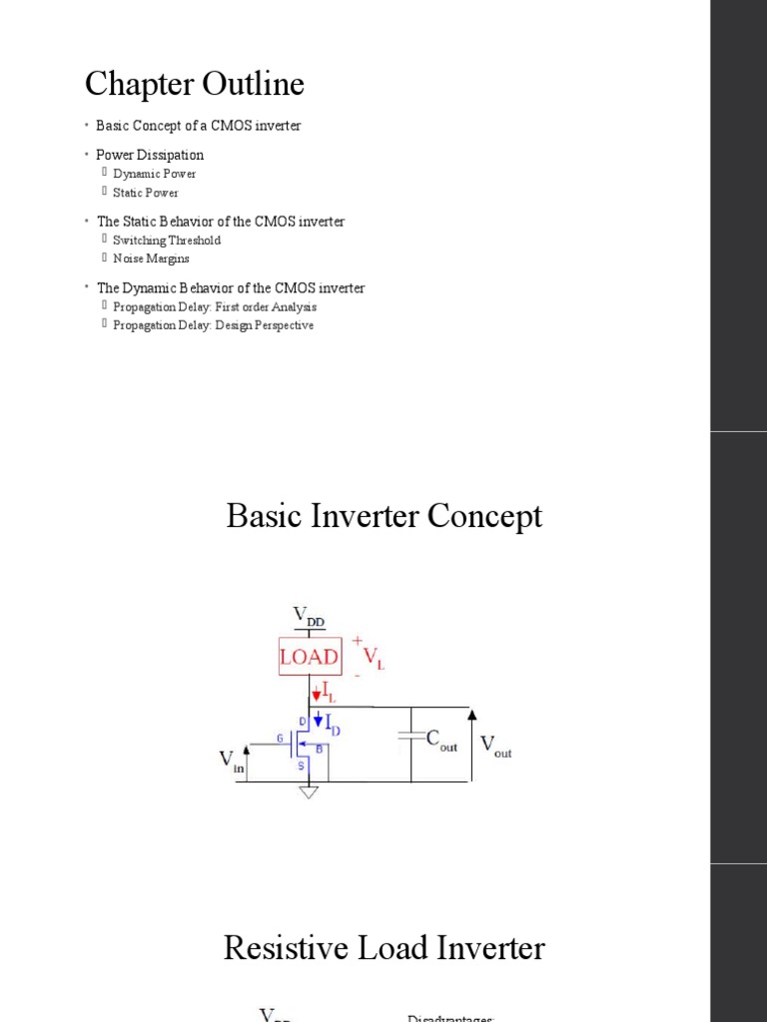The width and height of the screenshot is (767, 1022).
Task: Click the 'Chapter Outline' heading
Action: [x=195, y=85]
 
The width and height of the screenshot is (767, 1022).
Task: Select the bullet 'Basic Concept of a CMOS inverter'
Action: [x=198, y=126]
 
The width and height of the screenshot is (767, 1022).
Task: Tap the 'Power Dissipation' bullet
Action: [x=150, y=155]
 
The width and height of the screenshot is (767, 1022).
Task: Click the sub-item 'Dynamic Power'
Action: [x=155, y=174]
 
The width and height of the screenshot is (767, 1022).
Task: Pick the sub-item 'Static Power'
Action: [x=146, y=193]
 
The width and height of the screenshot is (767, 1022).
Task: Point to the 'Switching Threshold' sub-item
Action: [x=167, y=241]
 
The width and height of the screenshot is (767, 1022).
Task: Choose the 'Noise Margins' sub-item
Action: [x=151, y=258]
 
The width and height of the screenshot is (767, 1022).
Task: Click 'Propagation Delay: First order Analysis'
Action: [x=215, y=307]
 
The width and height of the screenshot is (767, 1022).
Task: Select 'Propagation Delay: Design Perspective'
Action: [x=213, y=325]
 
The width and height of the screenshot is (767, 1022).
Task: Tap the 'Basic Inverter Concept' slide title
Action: [x=384, y=516]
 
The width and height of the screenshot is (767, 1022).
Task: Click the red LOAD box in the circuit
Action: [x=309, y=658]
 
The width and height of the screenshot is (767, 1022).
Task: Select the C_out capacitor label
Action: [x=441, y=741]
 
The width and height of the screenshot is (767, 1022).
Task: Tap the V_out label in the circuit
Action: [x=496, y=746]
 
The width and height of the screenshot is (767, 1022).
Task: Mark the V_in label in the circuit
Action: [x=232, y=762]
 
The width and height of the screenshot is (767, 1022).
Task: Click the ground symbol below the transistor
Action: [x=309, y=791]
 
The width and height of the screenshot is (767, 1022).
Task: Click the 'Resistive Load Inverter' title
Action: [x=384, y=947]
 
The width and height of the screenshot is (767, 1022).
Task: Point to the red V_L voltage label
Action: [x=373, y=658]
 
